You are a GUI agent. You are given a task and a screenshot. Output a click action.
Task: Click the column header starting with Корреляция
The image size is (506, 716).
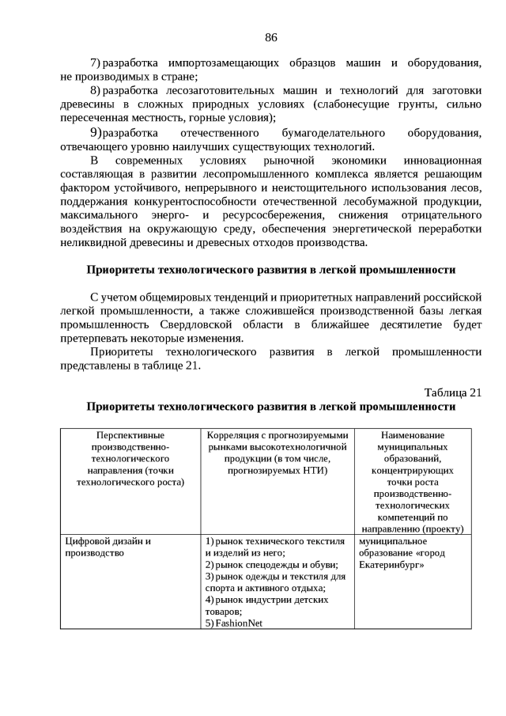click(277, 453)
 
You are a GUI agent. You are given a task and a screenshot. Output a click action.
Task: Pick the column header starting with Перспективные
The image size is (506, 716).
click(130, 459)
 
